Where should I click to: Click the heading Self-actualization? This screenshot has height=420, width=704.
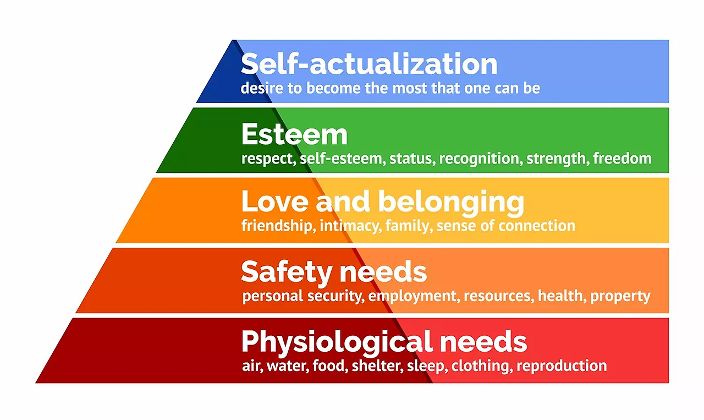point(369,64)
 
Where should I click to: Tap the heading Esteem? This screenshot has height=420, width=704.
point(294,134)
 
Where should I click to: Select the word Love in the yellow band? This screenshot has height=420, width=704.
point(273,203)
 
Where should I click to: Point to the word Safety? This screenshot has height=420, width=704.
point(286,272)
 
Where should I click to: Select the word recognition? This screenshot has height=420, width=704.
point(479,159)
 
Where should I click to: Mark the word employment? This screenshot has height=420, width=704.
point(413,296)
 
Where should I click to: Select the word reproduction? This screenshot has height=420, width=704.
point(562,366)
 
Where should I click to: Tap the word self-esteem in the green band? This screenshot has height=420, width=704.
point(342,159)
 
